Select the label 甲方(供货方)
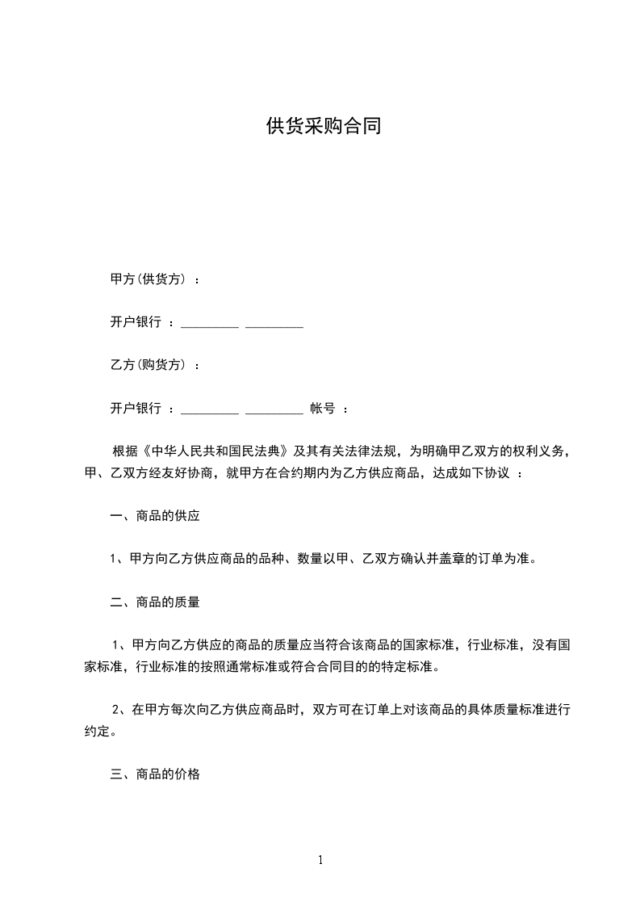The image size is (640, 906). (x=149, y=279)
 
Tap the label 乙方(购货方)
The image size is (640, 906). (x=149, y=365)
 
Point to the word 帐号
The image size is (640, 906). (x=323, y=409)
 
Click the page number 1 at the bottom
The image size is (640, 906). (x=320, y=860)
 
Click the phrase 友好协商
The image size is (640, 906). (x=191, y=473)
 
